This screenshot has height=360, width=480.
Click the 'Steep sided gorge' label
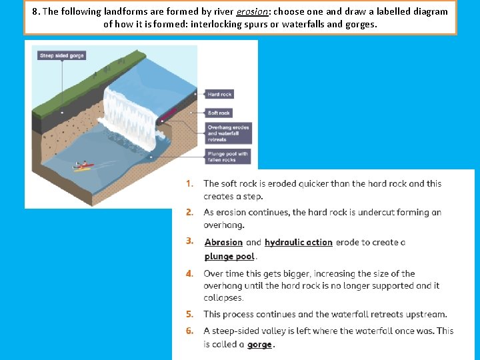[x=62, y=56]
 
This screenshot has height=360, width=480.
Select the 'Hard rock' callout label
[x=219, y=95]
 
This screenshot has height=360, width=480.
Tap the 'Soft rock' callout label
[x=219, y=113]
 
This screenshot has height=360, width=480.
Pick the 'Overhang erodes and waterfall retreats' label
[x=228, y=133]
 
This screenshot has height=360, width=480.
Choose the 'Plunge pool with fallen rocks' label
[x=227, y=157]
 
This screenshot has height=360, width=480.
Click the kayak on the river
[x=83, y=166]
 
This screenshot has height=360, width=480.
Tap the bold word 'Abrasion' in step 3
[x=223, y=243]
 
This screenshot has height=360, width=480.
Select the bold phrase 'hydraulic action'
[x=298, y=243]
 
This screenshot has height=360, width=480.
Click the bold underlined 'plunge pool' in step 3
[x=229, y=257]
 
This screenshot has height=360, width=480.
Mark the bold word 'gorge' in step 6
[x=259, y=345]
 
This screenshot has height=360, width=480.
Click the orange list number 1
[x=190, y=183]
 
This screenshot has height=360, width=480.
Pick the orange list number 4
[x=190, y=273]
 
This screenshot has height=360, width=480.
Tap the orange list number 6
[x=190, y=331]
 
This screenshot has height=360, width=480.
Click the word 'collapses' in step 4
[x=224, y=298]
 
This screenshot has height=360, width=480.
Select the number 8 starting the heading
[x=34, y=11]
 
